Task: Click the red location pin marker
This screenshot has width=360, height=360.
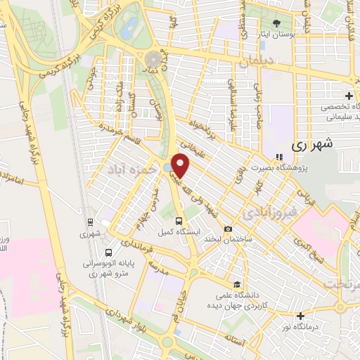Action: coord(181,166)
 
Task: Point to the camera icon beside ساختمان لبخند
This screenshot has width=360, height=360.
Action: coord(228,229)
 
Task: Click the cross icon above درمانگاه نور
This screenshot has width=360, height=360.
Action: coord(301,316)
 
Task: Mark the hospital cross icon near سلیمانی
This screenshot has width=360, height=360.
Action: coord(349,96)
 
